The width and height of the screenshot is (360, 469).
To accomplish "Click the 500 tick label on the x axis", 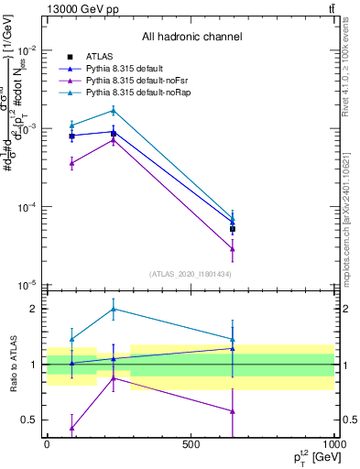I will tap(191, 444).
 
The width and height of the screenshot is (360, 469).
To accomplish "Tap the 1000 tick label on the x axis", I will tap(332, 444).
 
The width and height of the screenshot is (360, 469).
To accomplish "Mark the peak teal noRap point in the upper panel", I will tap(113, 111).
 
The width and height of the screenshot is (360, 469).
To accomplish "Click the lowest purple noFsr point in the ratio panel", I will tap(72, 428).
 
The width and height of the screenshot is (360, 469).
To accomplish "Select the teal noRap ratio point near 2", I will tap(113, 309).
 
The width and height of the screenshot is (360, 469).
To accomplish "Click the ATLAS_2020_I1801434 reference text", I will tap(191, 274).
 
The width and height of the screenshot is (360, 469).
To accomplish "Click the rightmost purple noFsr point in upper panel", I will tap(233, 248).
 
